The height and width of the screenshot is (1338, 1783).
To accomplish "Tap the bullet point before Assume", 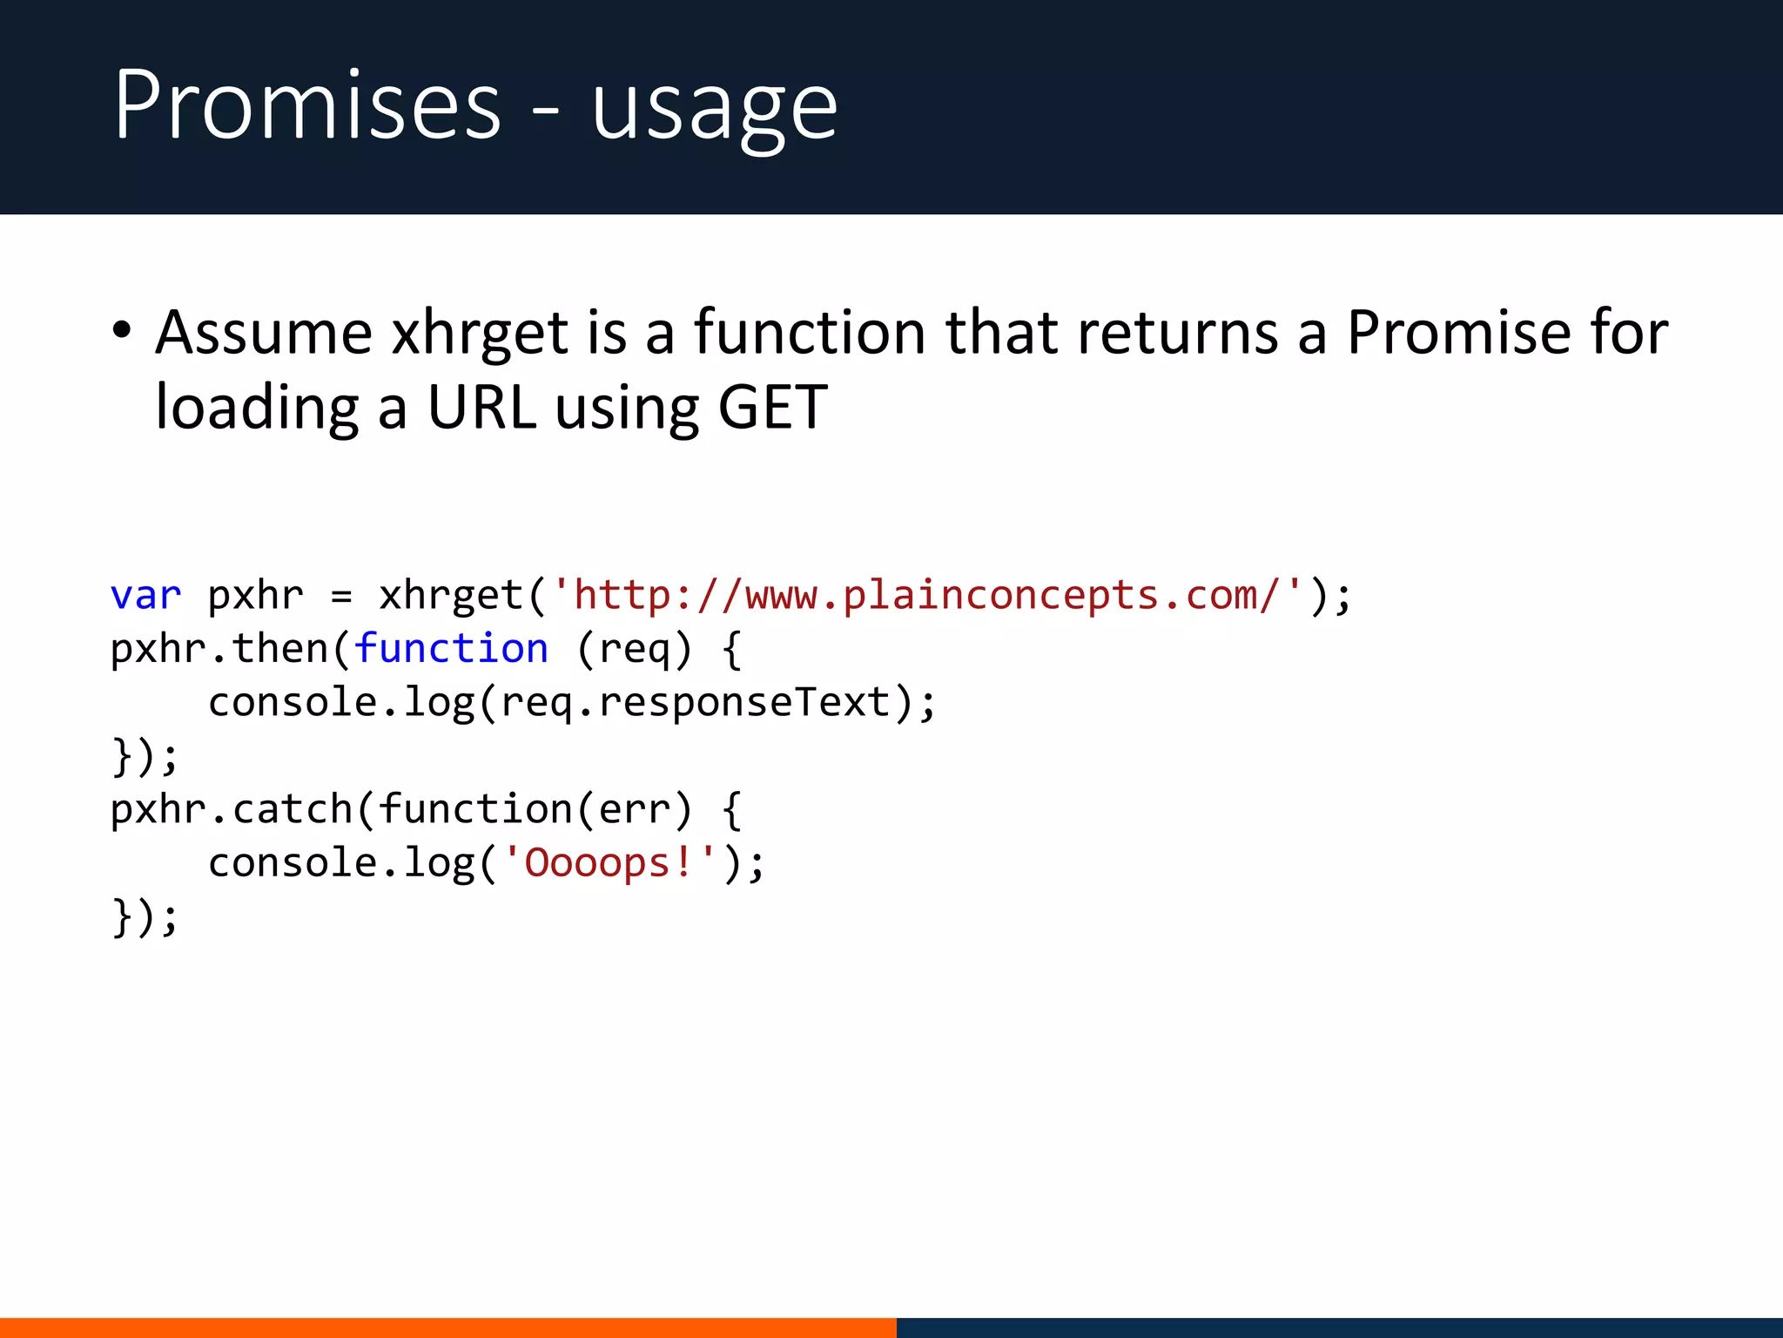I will (122, 331).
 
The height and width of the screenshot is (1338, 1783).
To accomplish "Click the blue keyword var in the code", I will (145, 596).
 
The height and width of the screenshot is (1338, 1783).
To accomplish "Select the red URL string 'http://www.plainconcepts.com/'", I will (927, 596).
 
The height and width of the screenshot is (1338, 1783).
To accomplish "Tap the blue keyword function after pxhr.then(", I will (451, 649).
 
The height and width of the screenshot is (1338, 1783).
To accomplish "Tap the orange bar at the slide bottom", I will (447, 1328).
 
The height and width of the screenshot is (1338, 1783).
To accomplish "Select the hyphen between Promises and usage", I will (546, 113).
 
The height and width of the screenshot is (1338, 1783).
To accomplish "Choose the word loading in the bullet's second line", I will (256, 408).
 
